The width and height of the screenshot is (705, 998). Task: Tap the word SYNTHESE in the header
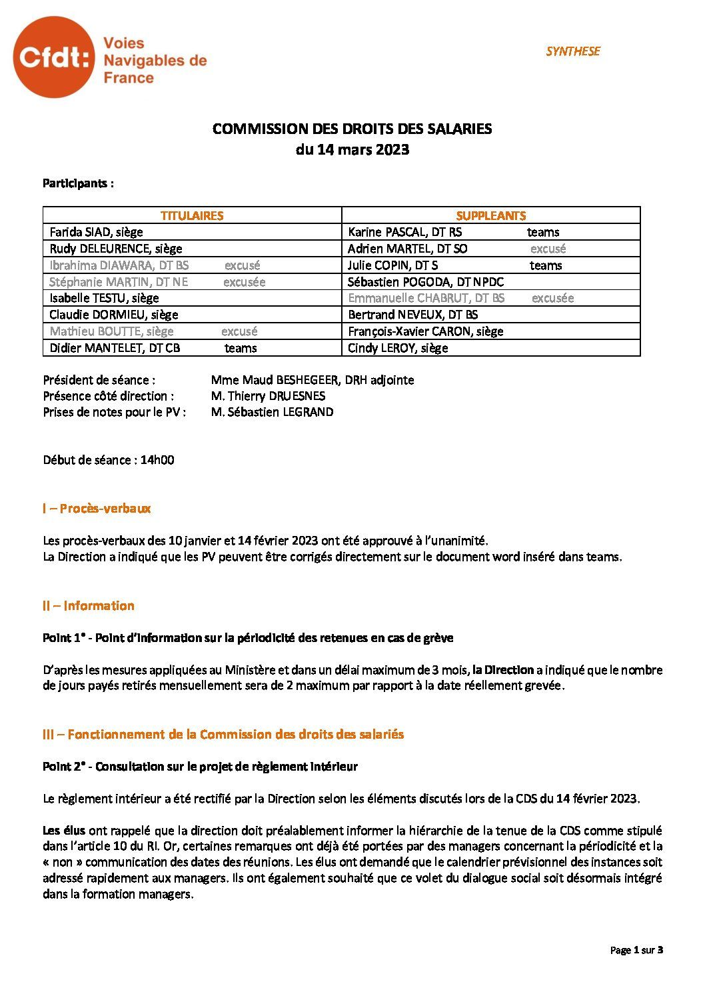pyautogui.click(x=572, y=51)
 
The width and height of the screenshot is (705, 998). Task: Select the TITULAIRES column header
pyautogui.click(x=192, y=215)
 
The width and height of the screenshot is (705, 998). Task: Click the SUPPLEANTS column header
pyautogui.click(x=490, y=215)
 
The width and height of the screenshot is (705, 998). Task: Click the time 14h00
pyautogui.click(x=157, y=460)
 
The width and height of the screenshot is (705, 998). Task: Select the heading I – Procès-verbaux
pyautogui.click(x=97, y=509)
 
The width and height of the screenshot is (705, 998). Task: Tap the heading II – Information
pyautogui.click(x=88, y=606)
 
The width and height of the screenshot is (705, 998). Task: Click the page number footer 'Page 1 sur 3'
pyautogui.click(x=636, y=950)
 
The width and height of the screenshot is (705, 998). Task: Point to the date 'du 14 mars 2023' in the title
pyautogui.click(x=352, y=150)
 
